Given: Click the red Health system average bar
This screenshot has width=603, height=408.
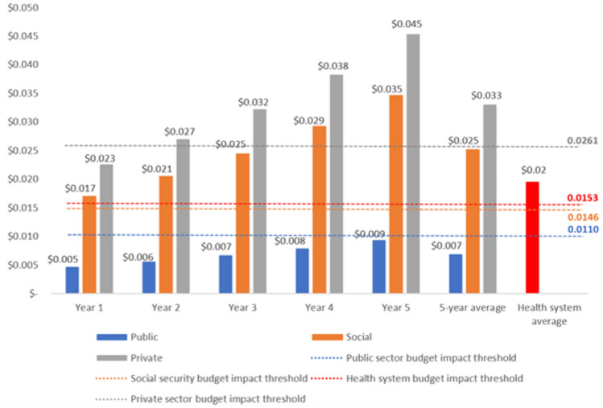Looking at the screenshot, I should point(532,237).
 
